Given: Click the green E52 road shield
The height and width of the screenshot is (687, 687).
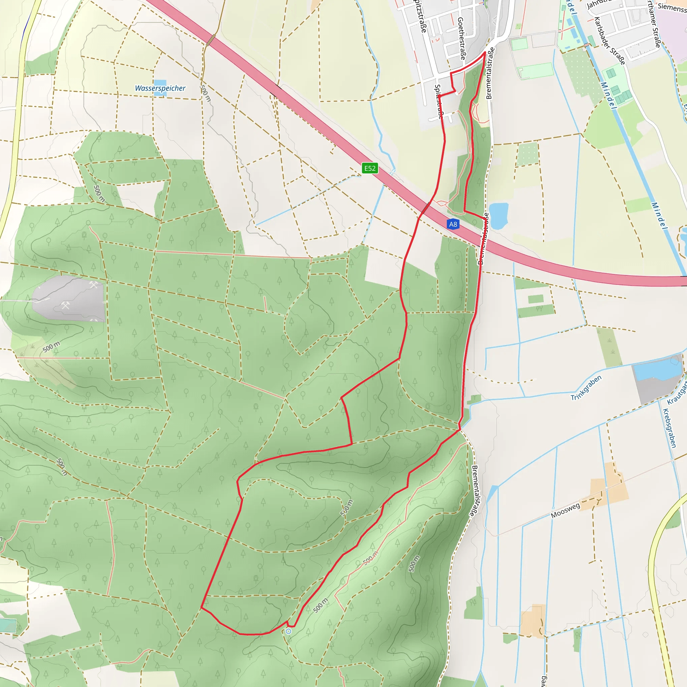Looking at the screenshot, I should [369, 168].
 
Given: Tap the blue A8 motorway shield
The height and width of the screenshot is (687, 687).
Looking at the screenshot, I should [453, 224].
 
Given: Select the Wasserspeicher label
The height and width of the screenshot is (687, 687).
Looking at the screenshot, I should [160, 88].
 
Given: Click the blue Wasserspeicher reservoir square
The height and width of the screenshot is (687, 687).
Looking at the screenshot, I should [160, 83].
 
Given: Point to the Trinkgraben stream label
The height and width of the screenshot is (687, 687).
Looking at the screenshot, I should [586, 387].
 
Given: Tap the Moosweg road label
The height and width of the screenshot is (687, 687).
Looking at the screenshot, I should [565, 510].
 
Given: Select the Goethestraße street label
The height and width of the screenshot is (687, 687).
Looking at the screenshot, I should [461, 38].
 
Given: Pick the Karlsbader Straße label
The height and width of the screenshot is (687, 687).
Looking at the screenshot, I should [609, 41].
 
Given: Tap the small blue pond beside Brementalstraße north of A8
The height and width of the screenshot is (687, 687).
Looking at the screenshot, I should [498, 215].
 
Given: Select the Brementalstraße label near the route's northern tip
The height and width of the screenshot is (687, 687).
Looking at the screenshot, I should [490, 73].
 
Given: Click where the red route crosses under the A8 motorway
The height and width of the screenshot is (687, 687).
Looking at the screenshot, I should [425, 208].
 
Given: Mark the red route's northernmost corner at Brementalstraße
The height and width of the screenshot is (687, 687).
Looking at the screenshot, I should [485, 52].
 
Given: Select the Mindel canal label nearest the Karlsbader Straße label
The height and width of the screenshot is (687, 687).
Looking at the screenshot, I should [608, 95].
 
